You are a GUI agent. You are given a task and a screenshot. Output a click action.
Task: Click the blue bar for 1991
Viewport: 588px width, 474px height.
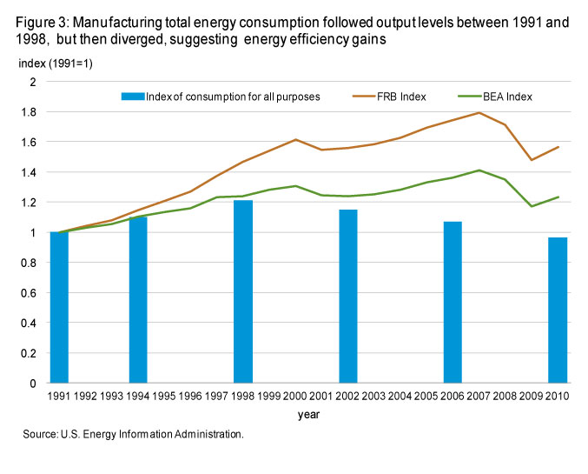pos(59,307)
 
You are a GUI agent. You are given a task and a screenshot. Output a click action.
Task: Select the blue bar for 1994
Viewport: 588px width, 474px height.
pos(138,300)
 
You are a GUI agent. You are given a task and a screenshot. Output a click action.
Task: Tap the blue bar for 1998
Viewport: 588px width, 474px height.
pos(243,291)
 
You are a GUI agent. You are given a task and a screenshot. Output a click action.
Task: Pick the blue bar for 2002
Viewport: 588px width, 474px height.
pos(348,297)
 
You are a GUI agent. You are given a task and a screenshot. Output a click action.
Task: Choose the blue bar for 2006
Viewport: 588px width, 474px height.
pos(453,303)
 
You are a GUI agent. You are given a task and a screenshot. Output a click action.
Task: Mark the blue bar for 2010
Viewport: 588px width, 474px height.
pos(558,310)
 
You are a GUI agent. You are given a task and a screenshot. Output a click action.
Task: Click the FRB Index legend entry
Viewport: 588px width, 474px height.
pos(389,97)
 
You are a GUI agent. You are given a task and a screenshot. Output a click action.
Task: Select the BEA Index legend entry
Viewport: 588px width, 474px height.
pos(495,97)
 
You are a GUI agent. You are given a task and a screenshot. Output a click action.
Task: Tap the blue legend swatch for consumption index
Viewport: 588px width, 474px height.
pos(133,97)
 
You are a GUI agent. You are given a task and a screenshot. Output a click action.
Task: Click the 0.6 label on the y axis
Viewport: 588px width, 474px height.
pos(29,293)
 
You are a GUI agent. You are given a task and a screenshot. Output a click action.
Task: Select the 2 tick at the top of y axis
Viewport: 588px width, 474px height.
pos(33,82)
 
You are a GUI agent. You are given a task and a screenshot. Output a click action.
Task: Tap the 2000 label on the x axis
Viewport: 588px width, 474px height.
pos(295,396)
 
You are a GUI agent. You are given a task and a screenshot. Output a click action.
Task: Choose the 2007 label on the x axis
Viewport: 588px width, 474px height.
pos(479,396)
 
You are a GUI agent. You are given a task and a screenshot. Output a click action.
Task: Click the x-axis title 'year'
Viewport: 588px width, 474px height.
pos(308,415)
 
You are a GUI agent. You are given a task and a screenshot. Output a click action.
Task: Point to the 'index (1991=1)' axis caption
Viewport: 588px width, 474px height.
pos(56,63)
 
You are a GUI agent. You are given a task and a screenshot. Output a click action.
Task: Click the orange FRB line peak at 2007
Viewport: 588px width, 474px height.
pos(479,112)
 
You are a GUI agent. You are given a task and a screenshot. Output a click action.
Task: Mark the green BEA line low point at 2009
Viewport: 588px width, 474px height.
pos(532,206)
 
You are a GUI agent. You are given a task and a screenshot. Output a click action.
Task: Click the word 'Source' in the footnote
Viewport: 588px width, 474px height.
pos(40,434)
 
